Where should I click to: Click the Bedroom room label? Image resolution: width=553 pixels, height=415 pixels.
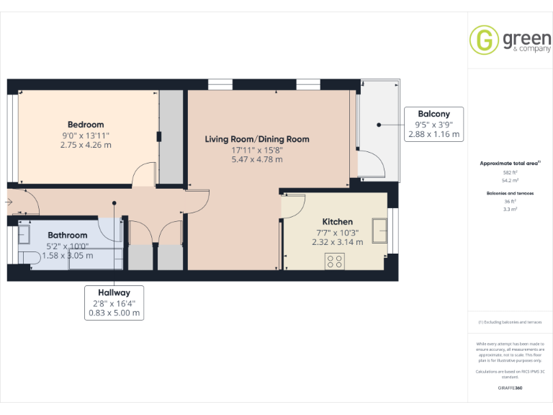click(x=86, y=124)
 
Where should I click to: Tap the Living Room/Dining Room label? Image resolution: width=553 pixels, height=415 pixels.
click(x=257, y=139)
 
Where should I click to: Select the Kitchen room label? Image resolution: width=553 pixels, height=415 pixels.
click(x=337, y=222)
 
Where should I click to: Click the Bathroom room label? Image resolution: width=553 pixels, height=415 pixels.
click(x=67, y=235)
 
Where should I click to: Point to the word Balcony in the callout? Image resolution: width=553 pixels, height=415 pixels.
click(x=433, y=113)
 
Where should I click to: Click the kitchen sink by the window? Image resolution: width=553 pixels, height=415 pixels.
click(x=380, y=231)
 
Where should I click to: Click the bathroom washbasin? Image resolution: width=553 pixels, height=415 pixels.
click(x=23, y=235)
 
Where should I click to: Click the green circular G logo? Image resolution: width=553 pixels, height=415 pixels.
click(x=484, y=40)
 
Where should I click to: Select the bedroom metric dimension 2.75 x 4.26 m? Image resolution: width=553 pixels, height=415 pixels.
click(x=86, y=145)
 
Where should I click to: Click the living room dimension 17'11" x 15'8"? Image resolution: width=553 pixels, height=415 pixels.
click(x=257, y=150)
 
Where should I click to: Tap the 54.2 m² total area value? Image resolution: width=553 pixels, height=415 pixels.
click(x=510, y=181)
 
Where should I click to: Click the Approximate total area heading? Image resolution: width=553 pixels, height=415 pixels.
click(x=509, y=164)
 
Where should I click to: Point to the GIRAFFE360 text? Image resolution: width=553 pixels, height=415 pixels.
click(x=510, y=388)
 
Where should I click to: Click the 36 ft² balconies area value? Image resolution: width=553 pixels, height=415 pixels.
click(x=510, y=202)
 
